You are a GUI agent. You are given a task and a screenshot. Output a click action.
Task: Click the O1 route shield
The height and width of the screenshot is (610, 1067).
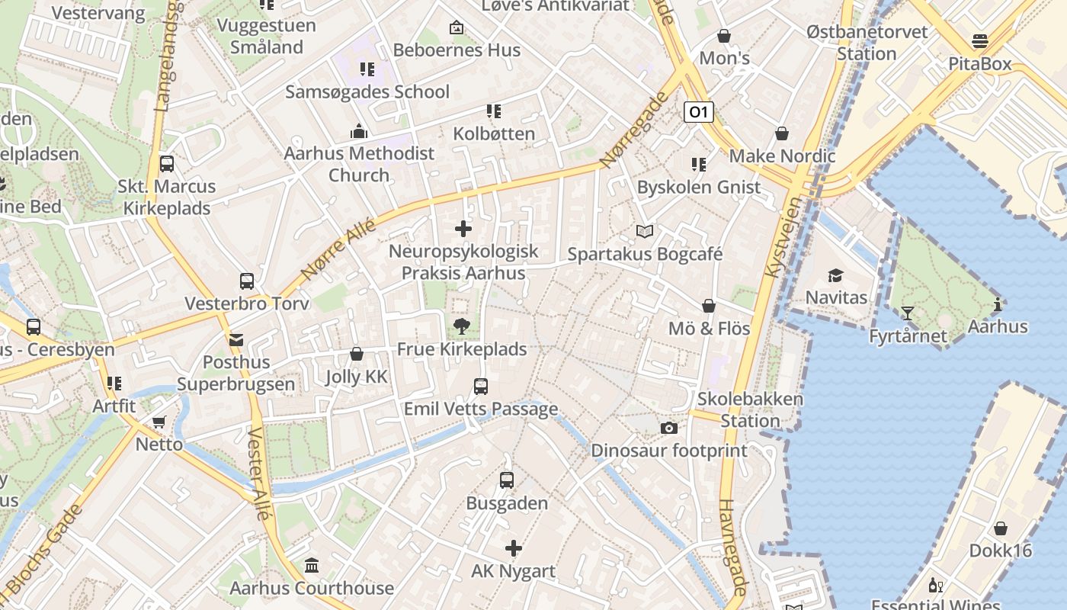coord(697,113)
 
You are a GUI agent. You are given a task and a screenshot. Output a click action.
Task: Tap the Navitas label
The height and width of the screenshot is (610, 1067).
coord(836,297)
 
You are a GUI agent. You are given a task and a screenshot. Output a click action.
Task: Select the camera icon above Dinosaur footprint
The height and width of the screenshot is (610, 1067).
coord(669,429)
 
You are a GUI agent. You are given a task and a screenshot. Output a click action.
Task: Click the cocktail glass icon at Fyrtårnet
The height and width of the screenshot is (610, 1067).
coord(907,313)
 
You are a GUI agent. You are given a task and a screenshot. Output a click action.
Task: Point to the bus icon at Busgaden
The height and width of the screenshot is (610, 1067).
coord(507,480)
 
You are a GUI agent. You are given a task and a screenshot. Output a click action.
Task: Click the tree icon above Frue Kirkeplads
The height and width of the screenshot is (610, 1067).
coord(461,326)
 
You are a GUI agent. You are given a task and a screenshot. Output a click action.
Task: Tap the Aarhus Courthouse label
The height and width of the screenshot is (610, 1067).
coord(312,588)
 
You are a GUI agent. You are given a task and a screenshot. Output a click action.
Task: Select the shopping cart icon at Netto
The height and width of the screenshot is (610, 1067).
coord(159,422)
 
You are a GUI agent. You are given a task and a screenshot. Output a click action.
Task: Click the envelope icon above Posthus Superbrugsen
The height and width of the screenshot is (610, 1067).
coord(236,340)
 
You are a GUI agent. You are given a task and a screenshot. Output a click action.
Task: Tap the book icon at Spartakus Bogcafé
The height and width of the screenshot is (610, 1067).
coord(645,231)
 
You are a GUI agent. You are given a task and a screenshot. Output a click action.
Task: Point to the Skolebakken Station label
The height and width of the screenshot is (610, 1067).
coord(750,409)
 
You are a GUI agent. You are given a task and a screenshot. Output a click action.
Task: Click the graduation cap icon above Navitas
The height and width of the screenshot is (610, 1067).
coord(836,275)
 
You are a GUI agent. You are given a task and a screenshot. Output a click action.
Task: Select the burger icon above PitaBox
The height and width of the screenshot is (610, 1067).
coord(980,41)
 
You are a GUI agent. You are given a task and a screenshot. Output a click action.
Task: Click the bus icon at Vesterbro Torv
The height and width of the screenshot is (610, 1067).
coord(247,281)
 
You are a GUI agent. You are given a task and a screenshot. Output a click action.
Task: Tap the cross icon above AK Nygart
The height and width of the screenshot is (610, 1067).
coord(514,547)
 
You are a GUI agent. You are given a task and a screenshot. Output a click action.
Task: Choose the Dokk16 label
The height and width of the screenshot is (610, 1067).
coord(1000,550)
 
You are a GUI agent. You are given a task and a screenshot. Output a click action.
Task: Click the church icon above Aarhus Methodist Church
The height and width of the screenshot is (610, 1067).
coord(359,131)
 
